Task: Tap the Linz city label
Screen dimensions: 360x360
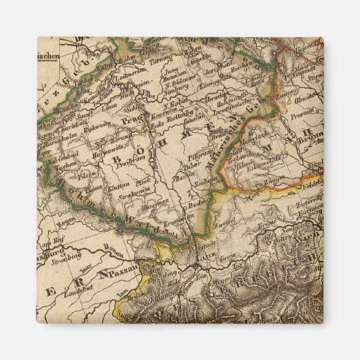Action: pos(206,256)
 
